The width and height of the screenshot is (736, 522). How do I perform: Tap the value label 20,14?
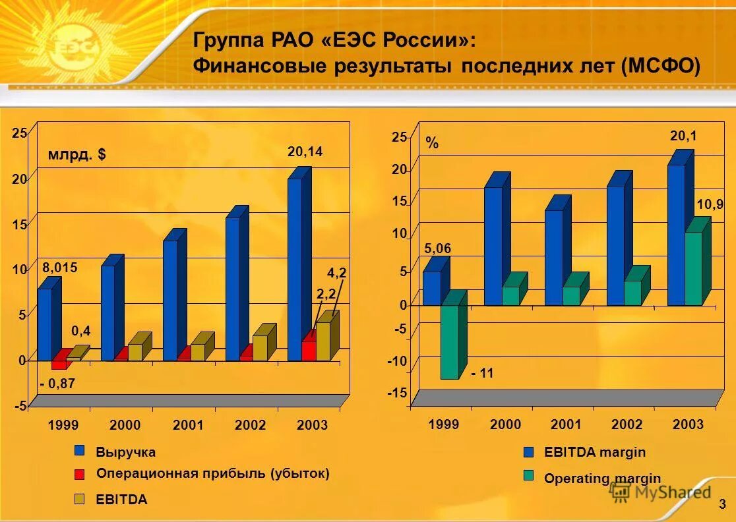305,152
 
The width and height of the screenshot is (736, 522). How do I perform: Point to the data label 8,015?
60,268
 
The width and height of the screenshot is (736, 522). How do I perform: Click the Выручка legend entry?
125,452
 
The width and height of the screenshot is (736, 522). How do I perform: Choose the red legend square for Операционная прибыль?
80,474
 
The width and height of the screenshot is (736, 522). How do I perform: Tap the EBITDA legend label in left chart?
121,500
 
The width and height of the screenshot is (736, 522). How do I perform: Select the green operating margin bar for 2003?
693,268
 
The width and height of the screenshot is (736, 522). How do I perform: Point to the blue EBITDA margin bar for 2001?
553,257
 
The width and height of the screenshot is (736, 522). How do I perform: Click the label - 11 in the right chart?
482,374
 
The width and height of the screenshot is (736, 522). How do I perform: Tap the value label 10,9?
710,205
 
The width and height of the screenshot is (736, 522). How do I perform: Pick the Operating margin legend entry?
601,479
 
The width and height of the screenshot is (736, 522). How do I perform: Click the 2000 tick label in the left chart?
125,425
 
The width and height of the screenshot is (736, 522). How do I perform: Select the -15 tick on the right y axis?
399,393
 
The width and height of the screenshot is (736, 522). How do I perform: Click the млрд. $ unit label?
77,155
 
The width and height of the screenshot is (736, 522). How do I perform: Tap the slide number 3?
722,505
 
